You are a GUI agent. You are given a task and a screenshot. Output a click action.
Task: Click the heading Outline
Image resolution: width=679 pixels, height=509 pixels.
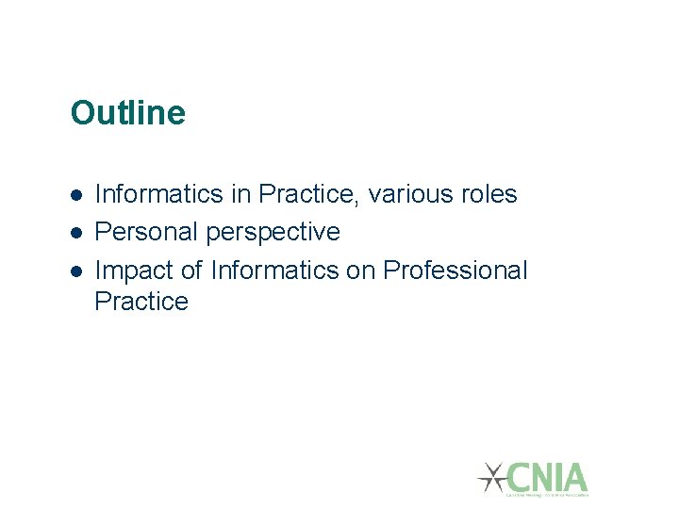127,113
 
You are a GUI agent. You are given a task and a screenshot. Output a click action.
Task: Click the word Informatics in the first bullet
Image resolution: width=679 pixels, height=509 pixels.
159,194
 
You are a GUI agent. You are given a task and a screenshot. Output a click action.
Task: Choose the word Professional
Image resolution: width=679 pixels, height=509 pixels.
455,271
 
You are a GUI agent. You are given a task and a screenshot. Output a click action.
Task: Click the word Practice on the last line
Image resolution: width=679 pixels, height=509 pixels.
141,302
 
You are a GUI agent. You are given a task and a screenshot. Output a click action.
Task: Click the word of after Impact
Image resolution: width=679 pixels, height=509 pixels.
191,271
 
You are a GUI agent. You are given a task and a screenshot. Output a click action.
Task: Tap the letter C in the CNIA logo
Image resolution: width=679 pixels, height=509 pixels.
519,477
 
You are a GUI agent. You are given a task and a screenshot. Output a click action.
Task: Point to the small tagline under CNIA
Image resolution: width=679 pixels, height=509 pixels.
547,494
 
